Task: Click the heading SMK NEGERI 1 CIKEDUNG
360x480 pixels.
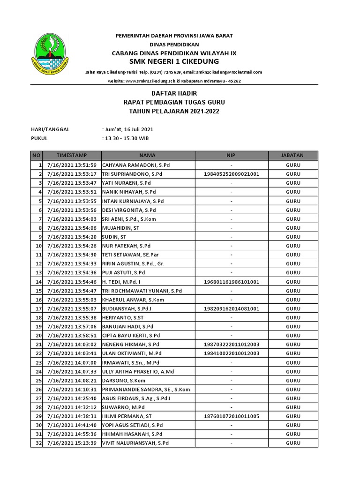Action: (174, 62)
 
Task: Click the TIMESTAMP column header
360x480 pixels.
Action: (72, 155)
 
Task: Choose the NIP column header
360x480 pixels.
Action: (231, 155)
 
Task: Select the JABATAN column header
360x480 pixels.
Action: (293, 155)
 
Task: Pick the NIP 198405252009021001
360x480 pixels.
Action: (231, 174)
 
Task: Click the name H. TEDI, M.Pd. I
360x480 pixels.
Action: (121, 282)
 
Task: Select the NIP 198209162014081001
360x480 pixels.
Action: (231, 309)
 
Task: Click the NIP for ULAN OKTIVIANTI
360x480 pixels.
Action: (231, 353)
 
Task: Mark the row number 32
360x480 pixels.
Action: (37, 443)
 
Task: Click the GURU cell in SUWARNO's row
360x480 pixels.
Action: (293, 407)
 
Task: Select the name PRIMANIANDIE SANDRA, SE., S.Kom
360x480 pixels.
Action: (146, 390)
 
